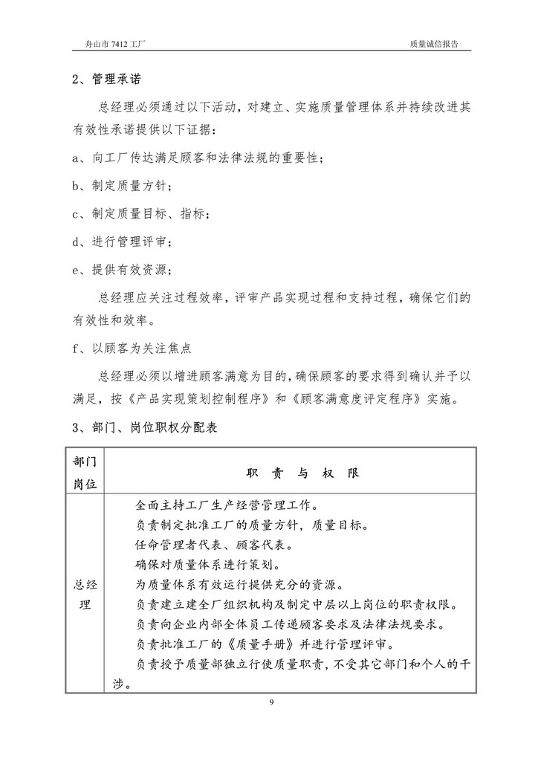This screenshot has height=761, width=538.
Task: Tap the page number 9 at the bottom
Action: coord(272,702)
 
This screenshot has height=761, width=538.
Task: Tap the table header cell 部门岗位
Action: coord(85,472)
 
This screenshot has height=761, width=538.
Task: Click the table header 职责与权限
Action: coord(301,473)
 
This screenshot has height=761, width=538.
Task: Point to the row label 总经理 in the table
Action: coord(85,594)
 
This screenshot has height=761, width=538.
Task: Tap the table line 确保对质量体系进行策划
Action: coord(207,563)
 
